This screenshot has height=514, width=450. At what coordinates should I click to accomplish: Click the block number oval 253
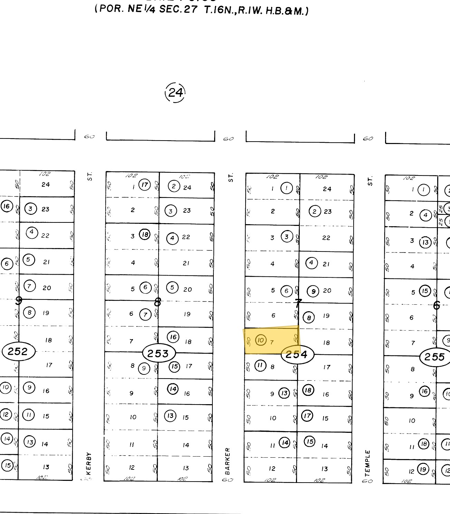[x=159, y=353]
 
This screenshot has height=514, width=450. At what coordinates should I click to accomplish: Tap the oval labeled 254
[x=297, y=354]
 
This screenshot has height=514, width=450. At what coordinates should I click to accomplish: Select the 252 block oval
[x=18, y=352]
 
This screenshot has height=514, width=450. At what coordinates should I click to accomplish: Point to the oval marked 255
[x=434, y=356]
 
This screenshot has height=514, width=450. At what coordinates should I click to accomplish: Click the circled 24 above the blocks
[x=175, y=92]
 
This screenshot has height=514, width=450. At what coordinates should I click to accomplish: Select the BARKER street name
[x=228, y=461]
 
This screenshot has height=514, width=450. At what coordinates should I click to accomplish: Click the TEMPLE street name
[x=368, y=463]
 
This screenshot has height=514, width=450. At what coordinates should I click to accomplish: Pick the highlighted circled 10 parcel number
[x=261, y=341]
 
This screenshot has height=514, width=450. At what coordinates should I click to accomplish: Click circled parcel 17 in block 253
[x=145, y=185]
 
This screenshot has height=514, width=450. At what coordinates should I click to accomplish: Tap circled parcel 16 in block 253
[x=173, y=337]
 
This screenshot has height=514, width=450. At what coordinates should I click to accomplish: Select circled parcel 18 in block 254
[x=308, y=390]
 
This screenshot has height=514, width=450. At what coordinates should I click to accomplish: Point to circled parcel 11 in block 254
[x=260, y=365]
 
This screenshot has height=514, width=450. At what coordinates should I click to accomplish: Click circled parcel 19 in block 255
[x=423, y=469]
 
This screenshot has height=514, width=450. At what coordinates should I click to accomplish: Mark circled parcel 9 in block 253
[x=144, y=368]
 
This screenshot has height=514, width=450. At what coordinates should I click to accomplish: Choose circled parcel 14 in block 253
[x=173, y=389]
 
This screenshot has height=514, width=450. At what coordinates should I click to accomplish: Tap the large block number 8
[x=157, y=303]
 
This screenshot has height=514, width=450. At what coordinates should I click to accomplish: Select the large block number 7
[x=298, y=303]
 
